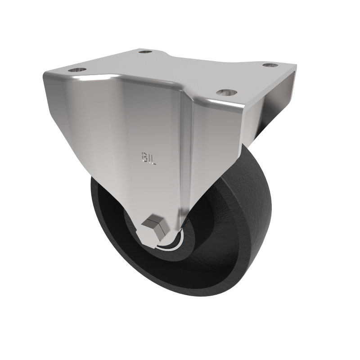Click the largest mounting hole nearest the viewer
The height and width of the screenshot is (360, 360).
(226, 93)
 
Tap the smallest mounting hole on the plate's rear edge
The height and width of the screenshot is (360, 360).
(145, 52)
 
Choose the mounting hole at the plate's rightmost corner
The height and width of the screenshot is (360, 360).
(270, 66)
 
